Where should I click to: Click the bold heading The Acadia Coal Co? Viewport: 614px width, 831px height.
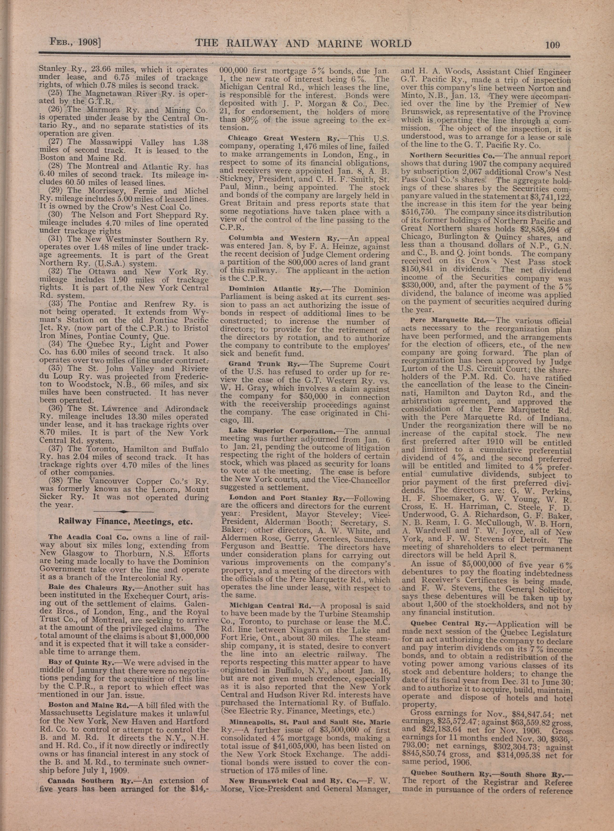click(88, 537)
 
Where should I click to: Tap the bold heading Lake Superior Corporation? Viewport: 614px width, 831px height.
click(282, 431)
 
